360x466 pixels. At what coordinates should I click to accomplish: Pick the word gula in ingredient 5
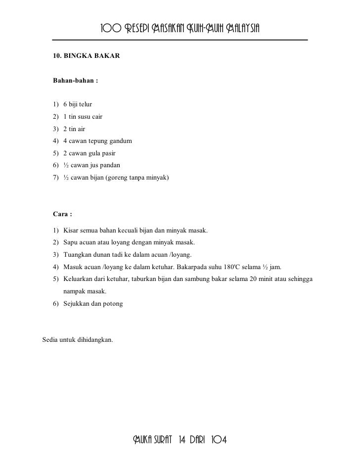[x=94, y=153]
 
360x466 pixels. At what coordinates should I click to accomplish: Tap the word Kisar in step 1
[x=71, y=231]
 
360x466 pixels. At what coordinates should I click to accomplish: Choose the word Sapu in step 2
[x=71, y=243]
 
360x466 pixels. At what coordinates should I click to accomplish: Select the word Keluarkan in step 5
[x=79, y=279]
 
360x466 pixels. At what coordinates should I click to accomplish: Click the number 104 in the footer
[x=218, y=440]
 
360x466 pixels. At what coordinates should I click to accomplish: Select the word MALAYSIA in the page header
[x=241, y=27]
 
